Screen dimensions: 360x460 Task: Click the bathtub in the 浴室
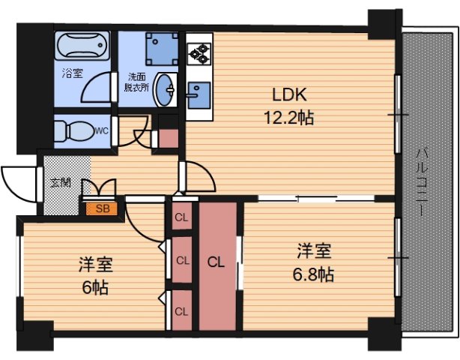tap(82, 49)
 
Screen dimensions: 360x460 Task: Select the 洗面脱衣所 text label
tap(136, 81)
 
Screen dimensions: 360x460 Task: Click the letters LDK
tap(290, 96)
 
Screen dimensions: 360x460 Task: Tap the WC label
tap(103, 130)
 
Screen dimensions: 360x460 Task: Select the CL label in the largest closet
tap(216, 262)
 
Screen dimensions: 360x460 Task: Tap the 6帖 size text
tap(95, 286)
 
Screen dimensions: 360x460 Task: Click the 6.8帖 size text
tap(313, 274)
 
